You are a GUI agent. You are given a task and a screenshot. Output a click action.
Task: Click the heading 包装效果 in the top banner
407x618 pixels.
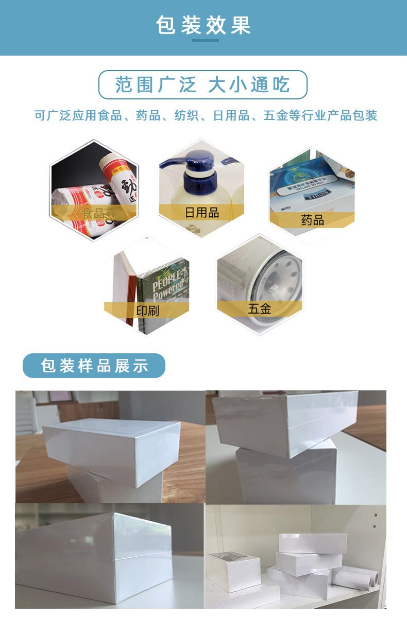point(203,25)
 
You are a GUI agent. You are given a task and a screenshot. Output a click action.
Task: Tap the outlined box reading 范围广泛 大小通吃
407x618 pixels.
point(203,84)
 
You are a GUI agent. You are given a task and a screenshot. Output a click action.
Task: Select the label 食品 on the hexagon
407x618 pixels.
point(93,213)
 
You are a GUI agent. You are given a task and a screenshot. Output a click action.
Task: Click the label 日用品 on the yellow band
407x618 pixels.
point(202,212)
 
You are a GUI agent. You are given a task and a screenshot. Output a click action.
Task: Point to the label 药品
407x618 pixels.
point(312,220)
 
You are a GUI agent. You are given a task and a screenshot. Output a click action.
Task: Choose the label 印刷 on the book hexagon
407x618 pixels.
point(147,311)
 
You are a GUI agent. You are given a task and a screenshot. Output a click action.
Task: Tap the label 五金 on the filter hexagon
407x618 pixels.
point(259,308)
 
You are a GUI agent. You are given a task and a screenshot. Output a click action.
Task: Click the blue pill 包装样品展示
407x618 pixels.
point(94,366)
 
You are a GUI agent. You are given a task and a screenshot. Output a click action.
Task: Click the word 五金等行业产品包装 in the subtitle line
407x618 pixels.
point(320,115)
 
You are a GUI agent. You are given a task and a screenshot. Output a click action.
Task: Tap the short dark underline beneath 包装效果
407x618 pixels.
point(205,41)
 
